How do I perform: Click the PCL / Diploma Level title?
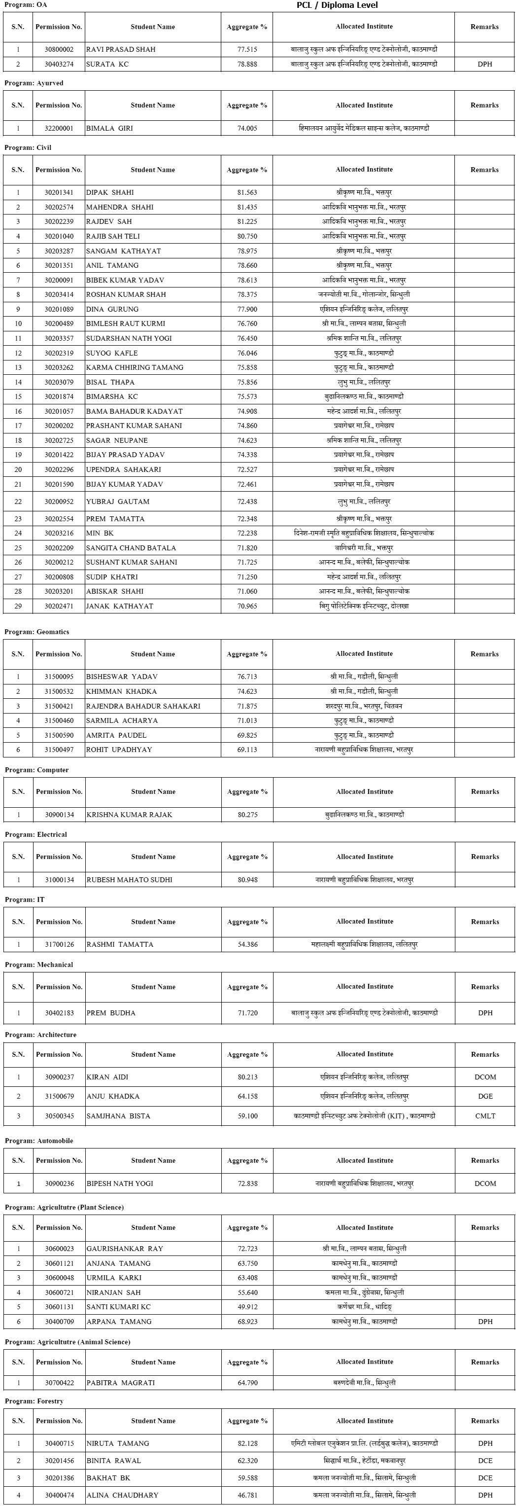coord(337,5)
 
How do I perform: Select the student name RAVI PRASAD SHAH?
coord(120,50)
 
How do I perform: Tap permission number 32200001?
coord(59,128)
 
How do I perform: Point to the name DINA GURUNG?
coord(112,309)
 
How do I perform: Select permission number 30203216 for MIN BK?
coord(59,533)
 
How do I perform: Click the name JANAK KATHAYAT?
coord(119,606)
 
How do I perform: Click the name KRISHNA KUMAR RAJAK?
coord(129,814)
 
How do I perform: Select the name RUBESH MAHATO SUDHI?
coord(129,879)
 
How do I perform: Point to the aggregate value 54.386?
coord(247,944)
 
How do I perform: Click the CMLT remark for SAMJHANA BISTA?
coord(485,1116)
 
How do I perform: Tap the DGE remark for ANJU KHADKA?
coord(485,1096)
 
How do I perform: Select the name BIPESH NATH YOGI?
coord(120,1183)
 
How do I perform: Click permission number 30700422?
coord(60,1383)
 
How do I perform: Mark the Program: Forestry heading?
coord(34,1401)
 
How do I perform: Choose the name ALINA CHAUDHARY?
coord(122,1495)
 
